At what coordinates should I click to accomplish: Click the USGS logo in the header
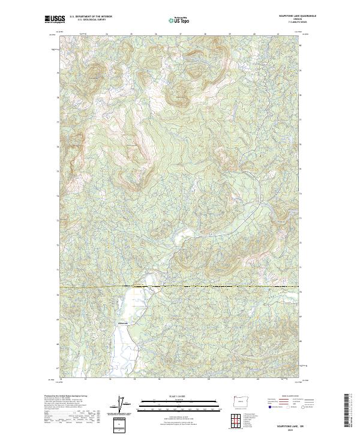pos(55,19)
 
